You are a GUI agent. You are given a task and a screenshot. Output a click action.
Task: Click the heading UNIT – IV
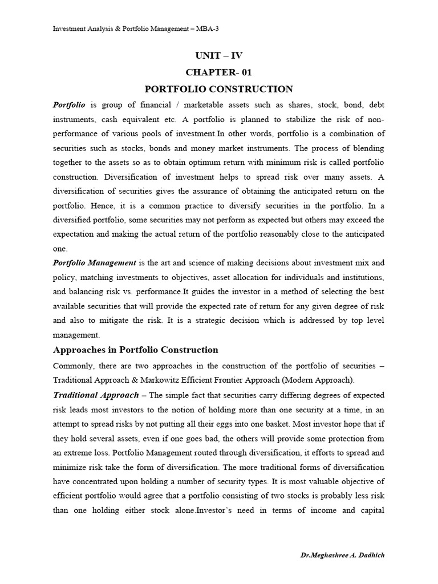point(218,55)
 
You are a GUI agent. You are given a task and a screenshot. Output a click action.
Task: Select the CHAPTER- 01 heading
point(218,72)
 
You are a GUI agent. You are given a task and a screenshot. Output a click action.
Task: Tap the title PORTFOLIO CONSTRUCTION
point(218,89)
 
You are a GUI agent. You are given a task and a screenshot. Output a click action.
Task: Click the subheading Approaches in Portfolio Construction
point(135,350)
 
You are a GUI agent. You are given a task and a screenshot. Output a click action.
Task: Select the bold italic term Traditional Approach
point(96,395)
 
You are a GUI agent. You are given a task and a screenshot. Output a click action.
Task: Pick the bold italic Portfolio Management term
point(94,263)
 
